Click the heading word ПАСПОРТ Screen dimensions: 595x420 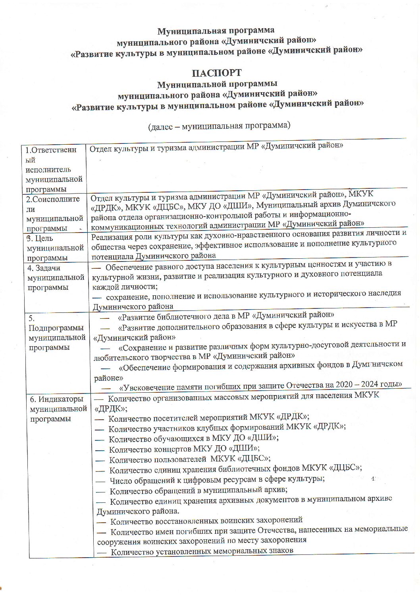(x=216, y=73)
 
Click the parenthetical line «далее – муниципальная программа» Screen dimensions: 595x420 (x=219, y=126)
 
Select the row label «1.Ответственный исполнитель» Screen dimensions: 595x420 (x=54, y=169)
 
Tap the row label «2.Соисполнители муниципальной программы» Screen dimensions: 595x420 (x=54, y=213)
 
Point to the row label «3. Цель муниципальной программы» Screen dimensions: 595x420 (x=55, y=248)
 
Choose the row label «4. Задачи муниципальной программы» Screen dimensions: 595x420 (x=56, y=277)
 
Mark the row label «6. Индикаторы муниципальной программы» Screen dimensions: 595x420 (x=58, y=409)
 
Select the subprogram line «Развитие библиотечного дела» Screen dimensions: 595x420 (x=225, y=316)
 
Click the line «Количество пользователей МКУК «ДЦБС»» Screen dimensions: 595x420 (x=190, y=459)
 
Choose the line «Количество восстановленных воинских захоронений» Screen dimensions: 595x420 (x=206, y=520)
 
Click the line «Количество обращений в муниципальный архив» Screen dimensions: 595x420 (x=198, y=490)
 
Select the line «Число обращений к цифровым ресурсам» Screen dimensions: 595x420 (x=217, y=480)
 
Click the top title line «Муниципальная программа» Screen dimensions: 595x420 (x=216, y=31)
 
